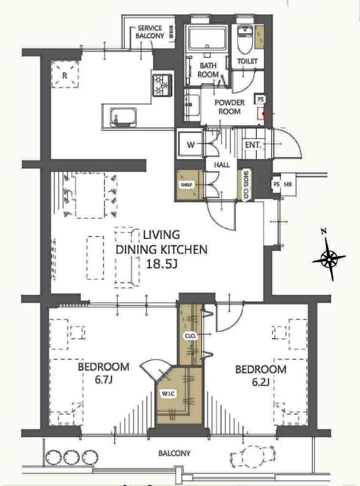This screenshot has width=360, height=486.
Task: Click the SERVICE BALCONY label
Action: (x=150, y=32)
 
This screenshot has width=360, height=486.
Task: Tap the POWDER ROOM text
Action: (x=229, y=108)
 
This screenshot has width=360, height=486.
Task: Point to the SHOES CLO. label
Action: (x=246, y=183)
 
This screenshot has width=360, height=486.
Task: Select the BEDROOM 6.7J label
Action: (x=103, y=373)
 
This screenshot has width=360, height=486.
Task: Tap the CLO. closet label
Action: (x=188, y=336)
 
